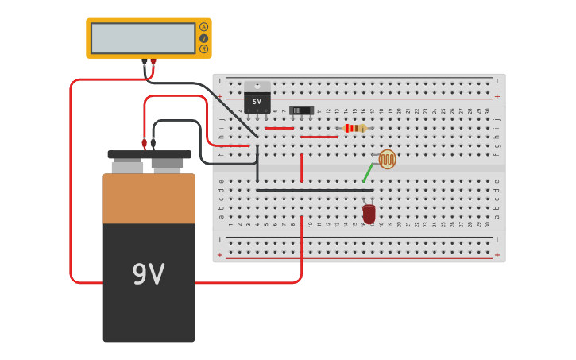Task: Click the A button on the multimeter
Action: pyautogui.click(x=203, y=27)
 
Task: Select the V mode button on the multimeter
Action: pyautogui.click(x=203, y=38)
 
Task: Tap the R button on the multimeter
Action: pyautogui.click(x=203, y=49)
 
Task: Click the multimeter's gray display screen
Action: pyautogui.click(x=143, y=38)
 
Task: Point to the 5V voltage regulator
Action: pyautogui.click(x=257, y=102)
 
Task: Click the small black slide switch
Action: pyautogui.click(x=301, y=110)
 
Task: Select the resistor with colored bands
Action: pyautogui.click(x=354, y=128)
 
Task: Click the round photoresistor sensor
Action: pyautogui.click(x=387, y=159)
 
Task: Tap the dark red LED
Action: pyautogui.click(x=369, y=213)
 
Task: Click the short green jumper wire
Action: pyautogui.click(x=368, y=172)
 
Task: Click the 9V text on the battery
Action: pyautogui.click(x=149, y=275)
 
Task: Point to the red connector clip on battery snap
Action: pyautogui.click(x=145, y=144)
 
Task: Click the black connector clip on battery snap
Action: pyautogui.click(x=153, y=144)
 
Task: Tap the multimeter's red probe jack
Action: pyautogui.click(x=153, y=61)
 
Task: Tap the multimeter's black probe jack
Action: pyautogui.click(x=145, y=61)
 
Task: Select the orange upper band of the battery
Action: pyautogui.click(x=149, y=199)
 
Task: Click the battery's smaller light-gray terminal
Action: pyautogui.click(x=127, y=167)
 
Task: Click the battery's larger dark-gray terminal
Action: pyautogui.click(x=168, y=165)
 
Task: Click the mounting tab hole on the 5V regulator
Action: pyautogui.click(x=257, y=85)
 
